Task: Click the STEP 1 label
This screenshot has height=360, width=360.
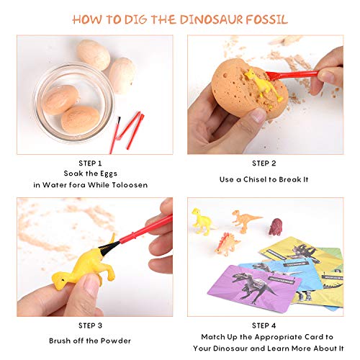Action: pyautogui.click(x=95, y=162)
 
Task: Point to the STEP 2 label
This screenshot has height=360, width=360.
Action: pyautogui.click(x=266, y=162)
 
